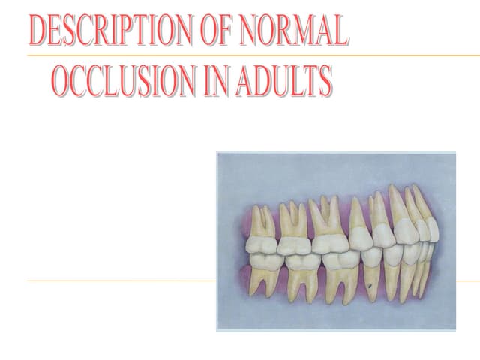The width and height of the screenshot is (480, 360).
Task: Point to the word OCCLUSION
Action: [120, 82]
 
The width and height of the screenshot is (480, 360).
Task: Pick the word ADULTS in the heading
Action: [286, 82]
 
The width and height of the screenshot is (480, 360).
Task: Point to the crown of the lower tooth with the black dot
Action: [370, 259]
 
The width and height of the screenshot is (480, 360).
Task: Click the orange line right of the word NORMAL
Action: [412, 55]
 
